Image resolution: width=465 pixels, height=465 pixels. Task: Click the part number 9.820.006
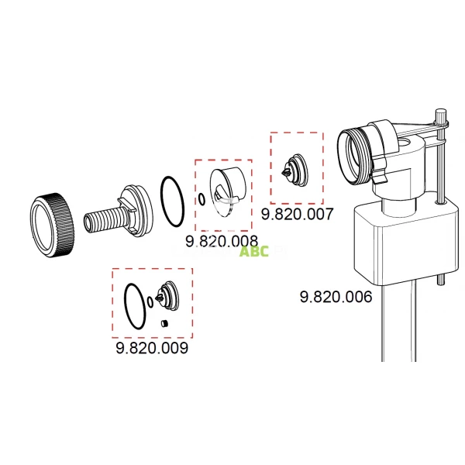(x=335, y=297)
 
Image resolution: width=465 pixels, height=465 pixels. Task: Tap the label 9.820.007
(x=296, y=214)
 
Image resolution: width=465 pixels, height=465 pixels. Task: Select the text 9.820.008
(x=221, y=241)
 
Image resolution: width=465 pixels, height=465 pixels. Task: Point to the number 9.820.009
(x=152, y=349)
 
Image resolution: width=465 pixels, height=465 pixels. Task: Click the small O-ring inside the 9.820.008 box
(x=201, y=200)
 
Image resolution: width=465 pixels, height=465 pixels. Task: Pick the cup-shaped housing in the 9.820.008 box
(x=226, y=190)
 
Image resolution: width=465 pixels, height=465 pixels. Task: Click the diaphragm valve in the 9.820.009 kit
(x=167, y=295)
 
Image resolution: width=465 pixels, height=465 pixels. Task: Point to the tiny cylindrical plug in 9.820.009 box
(x=164, y=322)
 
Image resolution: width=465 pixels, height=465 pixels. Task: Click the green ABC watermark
(x=254, y=251)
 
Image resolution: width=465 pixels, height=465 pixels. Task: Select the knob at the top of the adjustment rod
(x=442, y=117)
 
